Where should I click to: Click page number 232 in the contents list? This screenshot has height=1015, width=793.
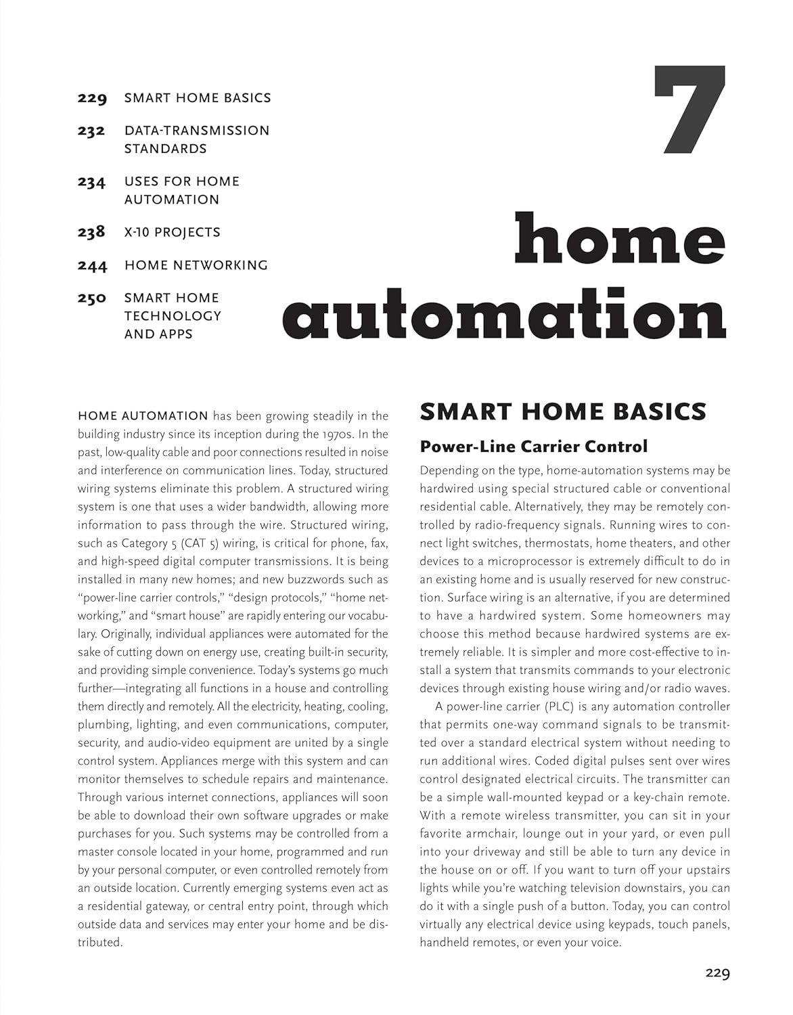(x=92, y=131)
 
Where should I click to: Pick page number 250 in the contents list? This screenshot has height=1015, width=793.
(x=92, y=298)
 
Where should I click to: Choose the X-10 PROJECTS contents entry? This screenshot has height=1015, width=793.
(x=173, y=232)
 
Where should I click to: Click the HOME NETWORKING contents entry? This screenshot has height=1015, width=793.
(x=196, y=265)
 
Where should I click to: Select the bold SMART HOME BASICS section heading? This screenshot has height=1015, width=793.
(x=563, y=411)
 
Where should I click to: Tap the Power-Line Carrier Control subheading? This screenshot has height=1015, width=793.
(x=534, y=447)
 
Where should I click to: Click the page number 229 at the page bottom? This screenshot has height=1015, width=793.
(x=717, y=974)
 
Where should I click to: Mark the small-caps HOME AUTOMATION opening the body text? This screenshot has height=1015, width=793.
(x=143, y=416)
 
